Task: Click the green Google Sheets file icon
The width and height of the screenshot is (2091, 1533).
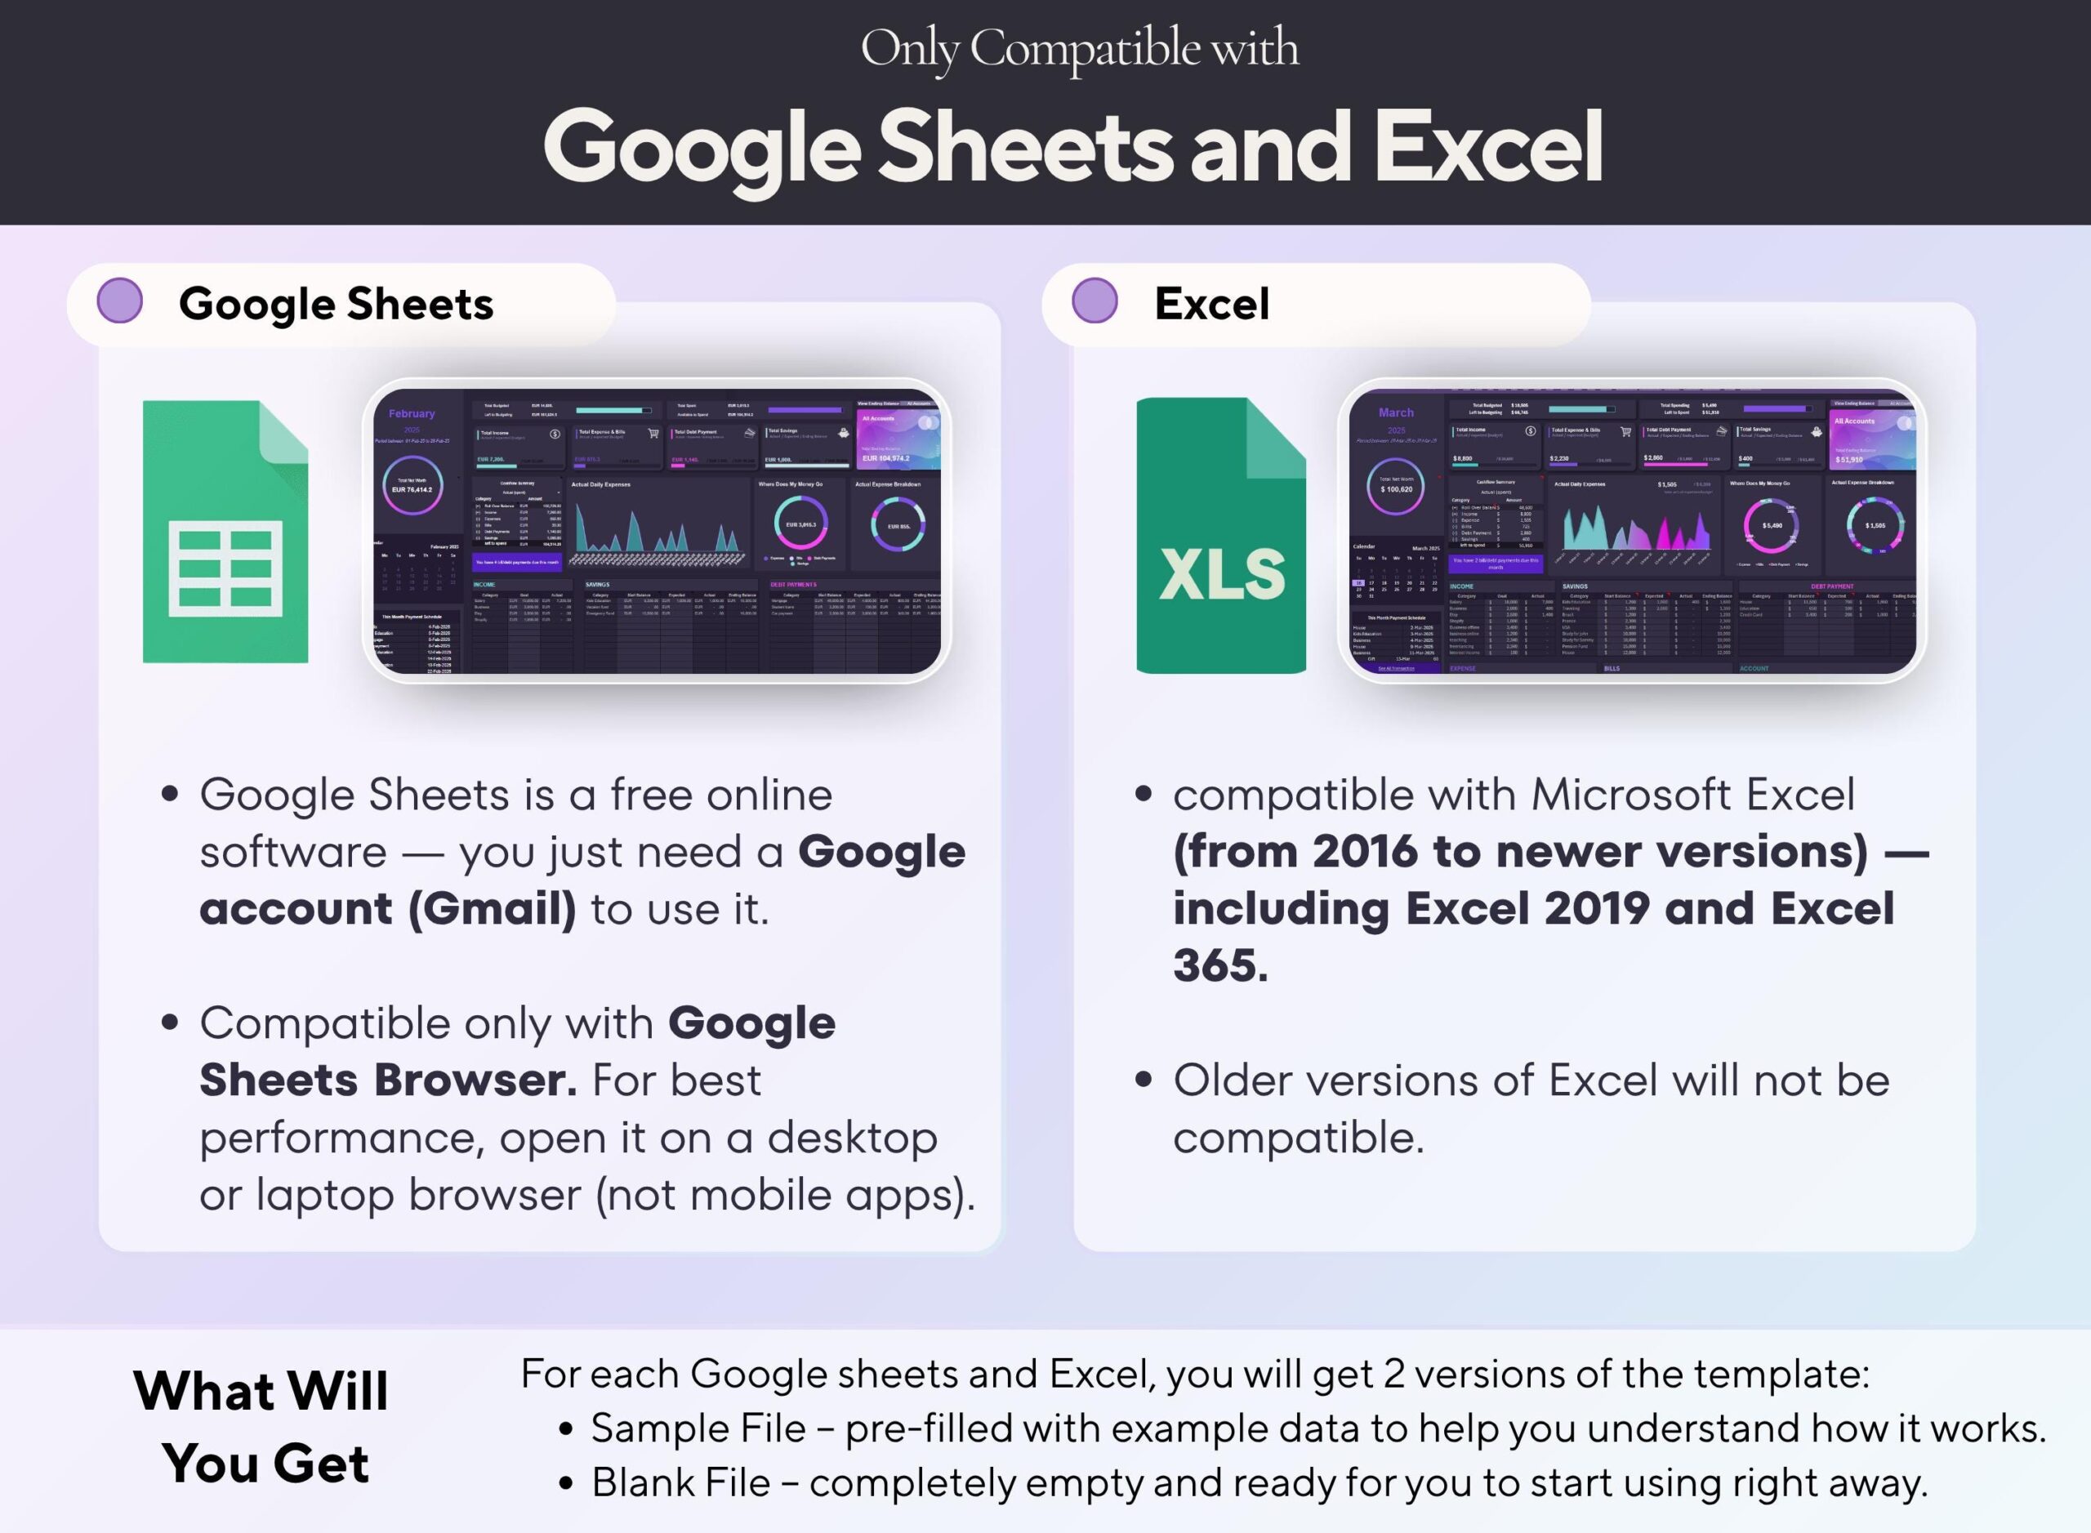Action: [x=225, y=532]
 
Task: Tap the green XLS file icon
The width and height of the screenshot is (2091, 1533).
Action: [x=1220, y=536]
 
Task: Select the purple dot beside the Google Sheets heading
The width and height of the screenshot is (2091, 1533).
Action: [x=120, y=301]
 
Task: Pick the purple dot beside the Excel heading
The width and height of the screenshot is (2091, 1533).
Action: [x=1095, y=301]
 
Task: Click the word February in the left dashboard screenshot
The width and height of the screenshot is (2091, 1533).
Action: [x=411, y=414]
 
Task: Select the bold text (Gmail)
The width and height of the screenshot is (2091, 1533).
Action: [x=492, y=908]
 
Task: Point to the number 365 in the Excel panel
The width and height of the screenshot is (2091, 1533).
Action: [x=1219, y=966]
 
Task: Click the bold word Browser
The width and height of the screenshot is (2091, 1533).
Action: [x=475, y=1081]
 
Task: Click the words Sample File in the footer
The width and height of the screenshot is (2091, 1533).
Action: [x=698, y=1429]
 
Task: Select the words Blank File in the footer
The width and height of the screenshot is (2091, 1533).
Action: [x=680, y=1483]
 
